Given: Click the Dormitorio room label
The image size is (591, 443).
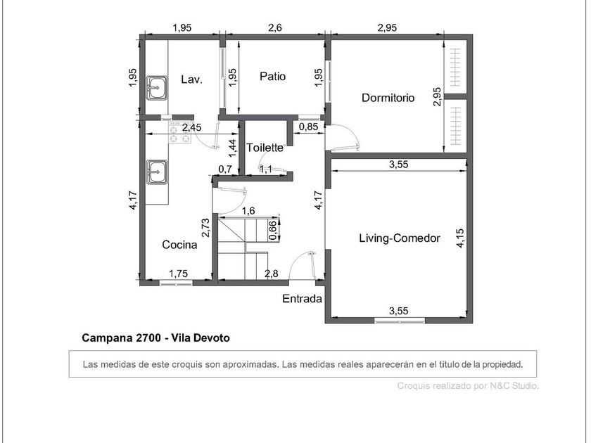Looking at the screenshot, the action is click(x=388, y=98).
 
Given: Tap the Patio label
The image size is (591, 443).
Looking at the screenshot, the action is click(x=272, y=77).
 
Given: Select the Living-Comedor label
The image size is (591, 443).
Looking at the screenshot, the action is click(x=400, y=238).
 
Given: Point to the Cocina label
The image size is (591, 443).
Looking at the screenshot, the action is click(x=179, y=245).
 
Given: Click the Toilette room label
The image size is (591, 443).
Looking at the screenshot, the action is click(x=265, y=148).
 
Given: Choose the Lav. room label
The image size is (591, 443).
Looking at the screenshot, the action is click(x=192, y=79).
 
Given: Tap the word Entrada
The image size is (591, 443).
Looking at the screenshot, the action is click(x=302, y=299).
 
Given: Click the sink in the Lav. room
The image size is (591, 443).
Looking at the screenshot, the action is click(x=157, y=88).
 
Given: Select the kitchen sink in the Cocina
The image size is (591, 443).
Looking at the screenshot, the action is click(x=157, y=172).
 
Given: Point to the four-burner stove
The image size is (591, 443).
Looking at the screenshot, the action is click(x=180, y=133).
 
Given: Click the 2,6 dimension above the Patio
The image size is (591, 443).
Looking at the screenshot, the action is click(x=275, y=27).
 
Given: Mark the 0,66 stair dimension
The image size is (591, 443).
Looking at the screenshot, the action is click(x=273, y=230).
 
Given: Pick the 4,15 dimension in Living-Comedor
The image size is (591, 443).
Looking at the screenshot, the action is click(x=460, y=238).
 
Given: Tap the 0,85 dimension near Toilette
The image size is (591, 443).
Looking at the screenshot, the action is click(x=308, y=127).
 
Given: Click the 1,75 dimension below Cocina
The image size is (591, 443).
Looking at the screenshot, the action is click(x=178, y=274).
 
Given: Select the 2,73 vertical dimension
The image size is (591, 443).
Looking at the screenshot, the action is click(x=205, y=228).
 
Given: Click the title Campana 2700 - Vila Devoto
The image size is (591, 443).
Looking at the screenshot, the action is click(x=155, y=338).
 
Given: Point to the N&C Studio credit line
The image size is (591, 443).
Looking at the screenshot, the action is click(x=468, y=386).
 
